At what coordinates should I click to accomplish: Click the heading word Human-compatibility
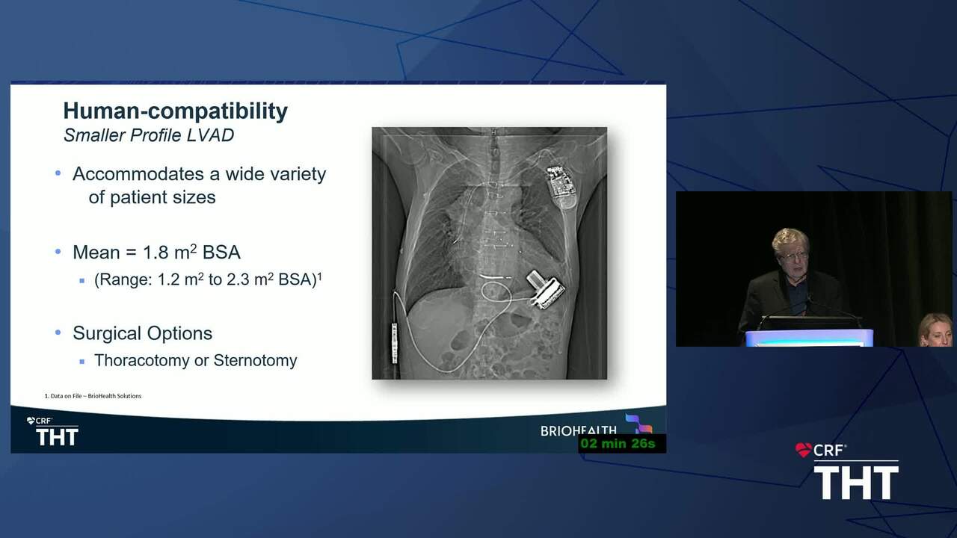pyautogui.click(x=175, y=111)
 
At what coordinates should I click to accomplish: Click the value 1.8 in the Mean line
pyautogui.click(x=156, y=253)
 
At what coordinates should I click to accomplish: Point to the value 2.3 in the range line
pyautogui.click(x=238, y=279)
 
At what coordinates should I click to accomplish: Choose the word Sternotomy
pyautogui.click(x=255, y=360)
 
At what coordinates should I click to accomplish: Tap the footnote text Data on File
pyautogui.click(x=67, y=396)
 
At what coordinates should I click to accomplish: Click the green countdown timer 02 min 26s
pyautogui.click(x=618, y=444)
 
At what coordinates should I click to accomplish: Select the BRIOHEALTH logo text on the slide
pyautogui.click(x=579, y=430)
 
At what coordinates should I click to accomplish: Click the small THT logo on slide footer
pyautogui.click(x=57, y=437)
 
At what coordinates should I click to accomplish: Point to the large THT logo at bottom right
pyautogui.click(x=856, y=483)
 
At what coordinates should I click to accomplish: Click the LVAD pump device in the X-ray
pyautogui.click(x=546, y=289)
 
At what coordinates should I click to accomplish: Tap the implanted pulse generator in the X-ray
pyautogui.click(x=561, y=188)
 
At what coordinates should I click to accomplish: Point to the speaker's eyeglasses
pyautogui.click(x=794, y=256)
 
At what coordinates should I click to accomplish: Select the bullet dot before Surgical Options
pyautogui.click(x=58, y=333)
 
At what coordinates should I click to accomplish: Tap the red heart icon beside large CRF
pyautogui.click(x=803, y=450)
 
